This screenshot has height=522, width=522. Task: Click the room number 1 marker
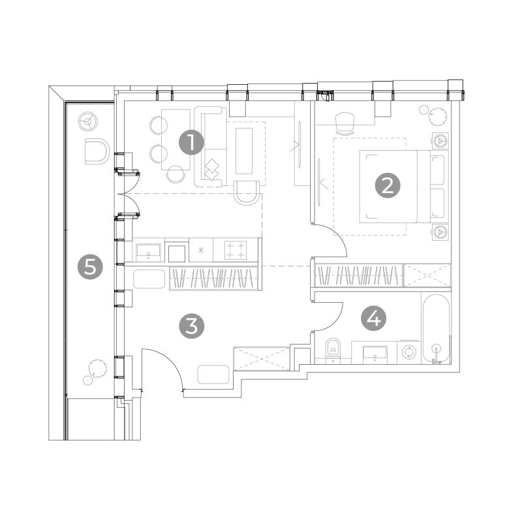tap(191, 142)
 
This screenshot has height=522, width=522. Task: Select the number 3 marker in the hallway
tap(191, 326)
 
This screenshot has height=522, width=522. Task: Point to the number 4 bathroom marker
tap(374, 318)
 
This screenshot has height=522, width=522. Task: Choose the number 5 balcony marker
tap(90, 267)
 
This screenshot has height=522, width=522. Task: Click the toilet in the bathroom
tap(333, 350)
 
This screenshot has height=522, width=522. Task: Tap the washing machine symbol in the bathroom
tap(409, 352)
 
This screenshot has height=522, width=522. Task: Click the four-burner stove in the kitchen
tap(236, 250)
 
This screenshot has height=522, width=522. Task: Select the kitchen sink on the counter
tap(149, 252)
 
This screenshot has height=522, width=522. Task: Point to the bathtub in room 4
tap(436, 330)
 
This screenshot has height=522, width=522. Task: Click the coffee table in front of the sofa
tap(244, 151)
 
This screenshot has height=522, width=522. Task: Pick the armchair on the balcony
tap(97, 151)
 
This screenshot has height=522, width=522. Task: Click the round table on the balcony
tap(88, 121)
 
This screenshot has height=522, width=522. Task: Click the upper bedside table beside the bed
tap(440, 141)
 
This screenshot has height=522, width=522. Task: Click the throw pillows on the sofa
tap(211, 170)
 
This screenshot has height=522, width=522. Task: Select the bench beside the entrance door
tap(213, 375)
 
